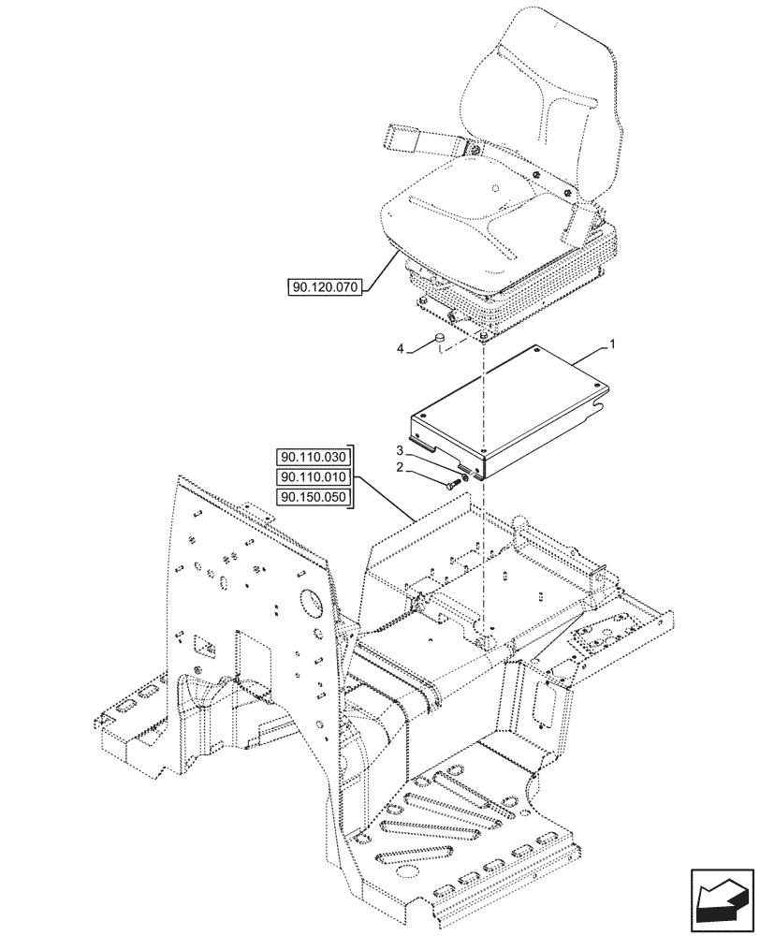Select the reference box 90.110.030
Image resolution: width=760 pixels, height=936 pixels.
point(312,458)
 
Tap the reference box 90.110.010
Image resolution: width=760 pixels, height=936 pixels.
point(312,476)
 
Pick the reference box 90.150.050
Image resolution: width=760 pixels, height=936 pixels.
point(312,496)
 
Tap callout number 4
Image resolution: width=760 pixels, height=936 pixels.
point(402,350)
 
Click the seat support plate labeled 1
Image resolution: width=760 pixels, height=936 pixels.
point(505,402)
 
